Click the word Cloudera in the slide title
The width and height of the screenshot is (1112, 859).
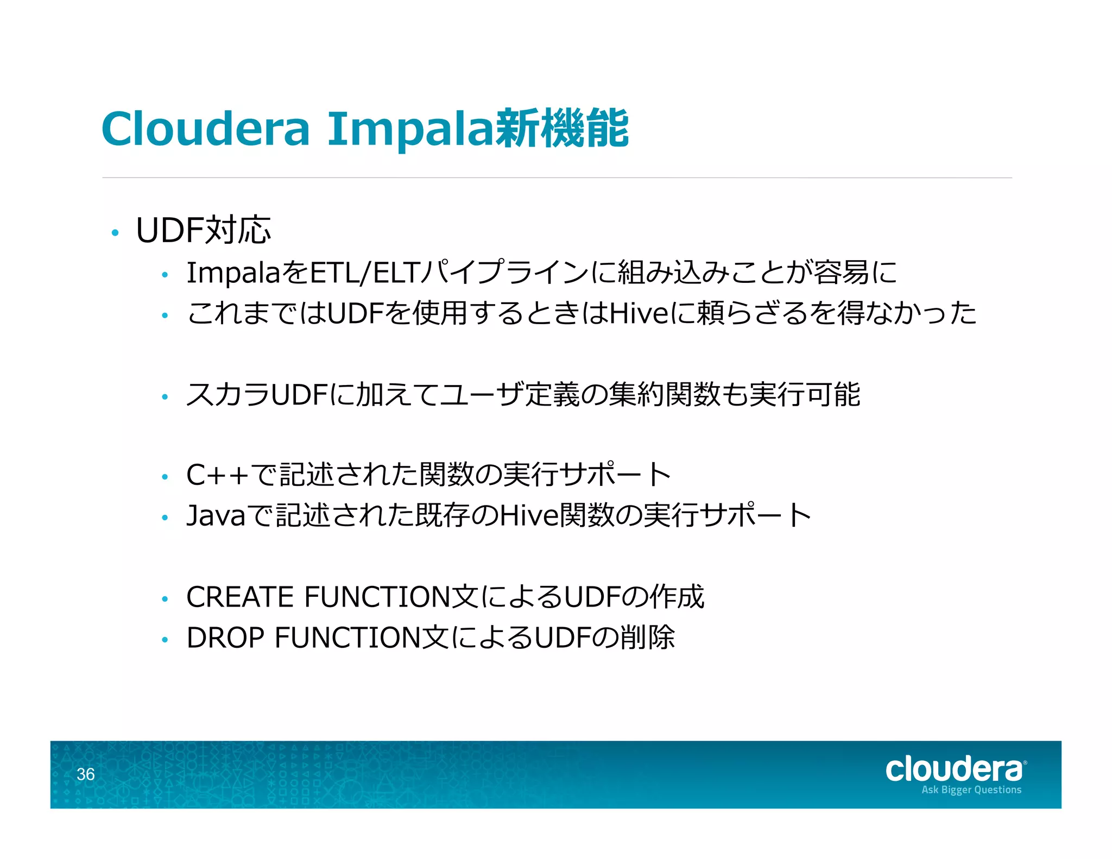[205, 129]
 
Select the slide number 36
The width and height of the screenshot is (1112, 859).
[86, 774]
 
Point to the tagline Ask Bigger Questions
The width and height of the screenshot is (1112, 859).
[971, 790]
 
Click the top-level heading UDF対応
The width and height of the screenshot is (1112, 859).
[203, 230]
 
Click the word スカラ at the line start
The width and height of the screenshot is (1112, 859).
[228, 395]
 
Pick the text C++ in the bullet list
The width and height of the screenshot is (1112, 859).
[217, 475]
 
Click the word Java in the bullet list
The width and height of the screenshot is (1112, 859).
[216, 515]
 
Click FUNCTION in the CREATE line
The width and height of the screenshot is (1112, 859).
[377, 597]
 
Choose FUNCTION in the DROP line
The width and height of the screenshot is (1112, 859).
[347, 637]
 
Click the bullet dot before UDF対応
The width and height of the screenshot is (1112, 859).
[115, 233]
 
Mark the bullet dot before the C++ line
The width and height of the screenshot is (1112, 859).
[165, 477]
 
